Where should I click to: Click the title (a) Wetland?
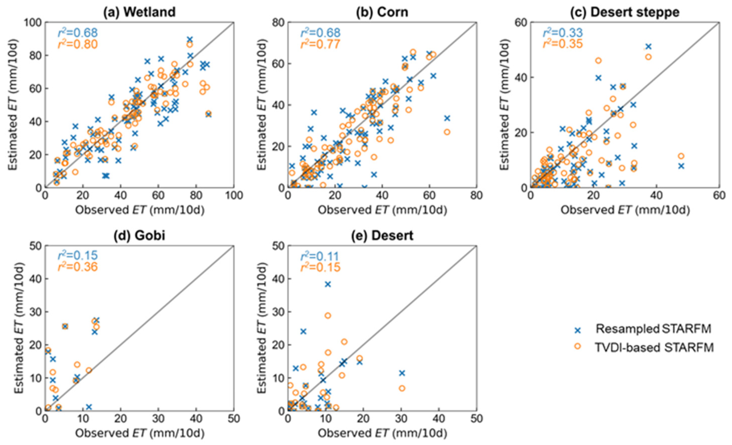pos(139,12)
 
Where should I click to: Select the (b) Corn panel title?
pos(382,12)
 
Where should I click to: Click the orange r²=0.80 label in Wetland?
pos(78,44)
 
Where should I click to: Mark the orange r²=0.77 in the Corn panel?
pos(320,44)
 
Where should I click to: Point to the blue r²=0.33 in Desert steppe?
pos(563,33)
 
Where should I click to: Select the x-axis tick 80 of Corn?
pos(477,195)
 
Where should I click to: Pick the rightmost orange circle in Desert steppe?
pos(681,156)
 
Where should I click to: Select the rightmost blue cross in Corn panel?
pos(447,118)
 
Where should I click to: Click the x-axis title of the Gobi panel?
pos(140,433)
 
